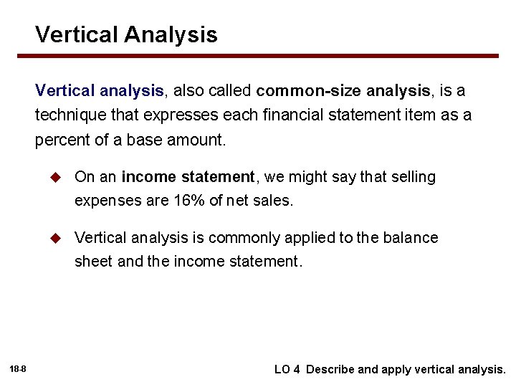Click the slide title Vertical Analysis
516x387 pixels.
point(126,34)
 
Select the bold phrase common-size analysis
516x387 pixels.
point(343,91)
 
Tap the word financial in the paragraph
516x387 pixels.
point(285,115)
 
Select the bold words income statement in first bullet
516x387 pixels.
point(188,177)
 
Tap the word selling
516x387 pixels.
point(411,177)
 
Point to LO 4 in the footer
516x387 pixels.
point(287,370)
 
